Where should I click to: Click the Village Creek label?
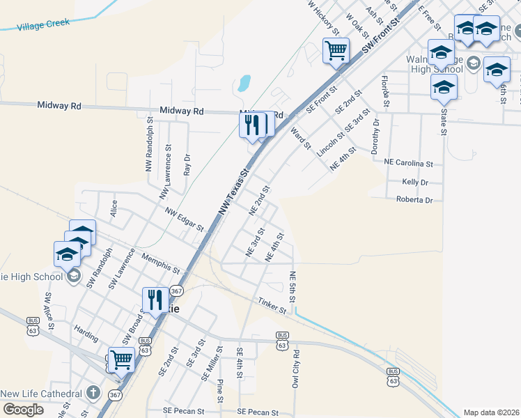[43, 24]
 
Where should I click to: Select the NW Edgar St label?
[185, 219]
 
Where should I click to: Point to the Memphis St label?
[160, 263]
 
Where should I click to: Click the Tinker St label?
[272, 305]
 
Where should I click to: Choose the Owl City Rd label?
[296, 369]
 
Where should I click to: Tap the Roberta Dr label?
[414, 200]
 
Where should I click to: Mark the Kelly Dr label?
[415, 182]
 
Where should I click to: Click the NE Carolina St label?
[409, 163]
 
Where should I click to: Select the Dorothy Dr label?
[376, 137]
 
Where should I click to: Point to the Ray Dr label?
[187, 164]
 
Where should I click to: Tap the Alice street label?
[114, 208]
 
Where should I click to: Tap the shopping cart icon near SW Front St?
[336, 50]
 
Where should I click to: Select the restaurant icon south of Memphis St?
[155, 300]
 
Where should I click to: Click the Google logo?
[23, 410]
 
